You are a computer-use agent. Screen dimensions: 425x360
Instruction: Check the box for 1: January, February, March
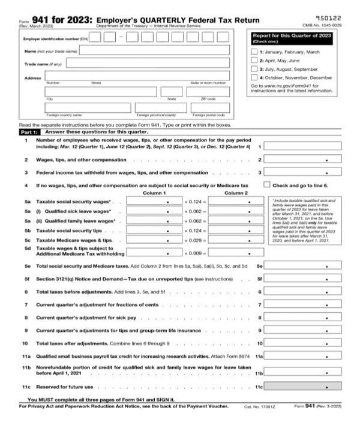coord(254,52)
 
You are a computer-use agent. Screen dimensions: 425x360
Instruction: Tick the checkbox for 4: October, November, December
coord(254,77)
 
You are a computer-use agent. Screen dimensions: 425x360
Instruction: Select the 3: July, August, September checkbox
coord(254,69)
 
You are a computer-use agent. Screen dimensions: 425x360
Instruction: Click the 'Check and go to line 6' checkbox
coord(268,185)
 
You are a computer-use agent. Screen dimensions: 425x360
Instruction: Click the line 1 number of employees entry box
coord(308,146)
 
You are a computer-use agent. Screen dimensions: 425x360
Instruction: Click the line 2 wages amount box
coord(308,160)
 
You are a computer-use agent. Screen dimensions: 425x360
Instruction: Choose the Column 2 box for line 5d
coord(230,252)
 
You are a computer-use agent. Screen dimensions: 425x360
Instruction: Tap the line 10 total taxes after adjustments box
coord(308,343)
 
